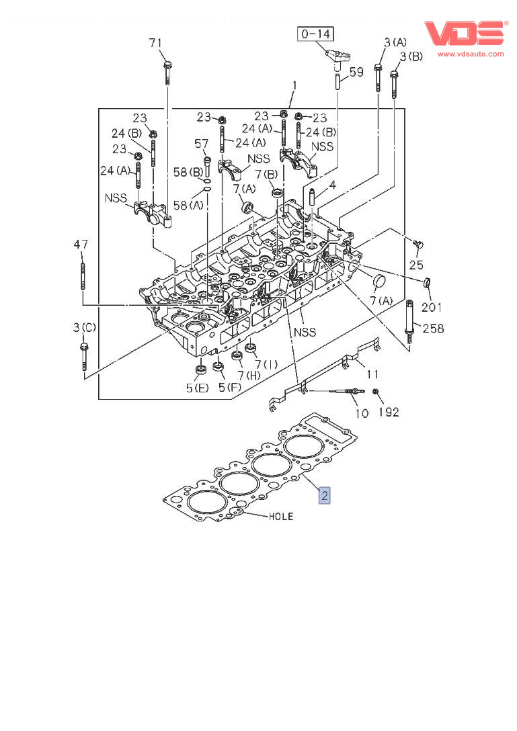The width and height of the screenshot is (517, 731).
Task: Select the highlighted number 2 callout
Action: click(x=324, y=496)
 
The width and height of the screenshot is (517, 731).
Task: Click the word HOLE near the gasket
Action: click(x=281, y=517)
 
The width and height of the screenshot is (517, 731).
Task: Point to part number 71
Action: click(x=155, y=43)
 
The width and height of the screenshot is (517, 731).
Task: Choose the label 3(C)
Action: click(x=84, y=327)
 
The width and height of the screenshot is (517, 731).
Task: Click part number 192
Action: click(x=388, y=412)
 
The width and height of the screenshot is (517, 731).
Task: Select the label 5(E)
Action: click(x=198, y=388)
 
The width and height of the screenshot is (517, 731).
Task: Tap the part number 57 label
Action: click(x=202, y=143)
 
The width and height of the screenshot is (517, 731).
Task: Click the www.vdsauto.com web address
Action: click(x=471, y=53)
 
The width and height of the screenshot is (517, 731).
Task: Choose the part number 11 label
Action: click(x=372, y=373)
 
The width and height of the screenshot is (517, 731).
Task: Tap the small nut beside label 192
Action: click(x=375, y=392)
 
